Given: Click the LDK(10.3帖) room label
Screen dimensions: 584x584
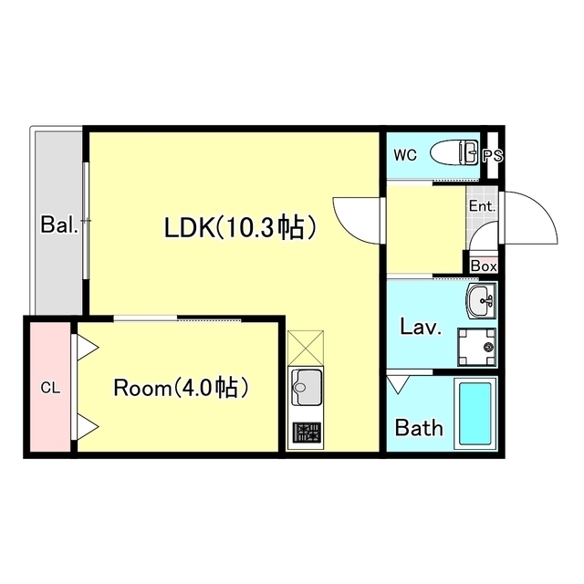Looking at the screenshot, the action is [x=240, y=227].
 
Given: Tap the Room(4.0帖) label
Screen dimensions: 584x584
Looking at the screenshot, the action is [x=181, y=388].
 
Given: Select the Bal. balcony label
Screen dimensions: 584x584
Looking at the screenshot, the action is [x=59, y=224].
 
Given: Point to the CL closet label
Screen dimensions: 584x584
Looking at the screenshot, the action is [x=50, y=389].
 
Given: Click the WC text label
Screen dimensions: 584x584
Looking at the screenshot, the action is [x=405, y=155].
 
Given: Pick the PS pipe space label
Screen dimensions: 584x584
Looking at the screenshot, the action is [x=493, y=156].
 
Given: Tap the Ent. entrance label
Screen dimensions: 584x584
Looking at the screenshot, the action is [x=483, y=206].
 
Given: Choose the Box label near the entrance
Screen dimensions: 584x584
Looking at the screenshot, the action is [x=484, y=266].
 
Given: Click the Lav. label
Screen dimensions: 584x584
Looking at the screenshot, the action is [x=421, y=327].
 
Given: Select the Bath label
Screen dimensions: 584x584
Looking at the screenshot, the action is [x=419, y=428].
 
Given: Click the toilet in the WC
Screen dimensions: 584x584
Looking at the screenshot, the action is [x=454, y=152].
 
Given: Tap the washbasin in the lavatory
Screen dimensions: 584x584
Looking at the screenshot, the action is [x=481, y=301].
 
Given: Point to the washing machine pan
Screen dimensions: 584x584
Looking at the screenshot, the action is [x=476, y=347].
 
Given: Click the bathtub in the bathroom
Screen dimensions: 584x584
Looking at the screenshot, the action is [x=475, y=413].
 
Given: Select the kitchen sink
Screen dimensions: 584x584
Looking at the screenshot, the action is [x=307, y=387].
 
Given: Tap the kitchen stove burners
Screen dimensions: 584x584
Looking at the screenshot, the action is [x=307, y=432].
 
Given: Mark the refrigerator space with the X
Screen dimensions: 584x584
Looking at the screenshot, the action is [x=306, y=348].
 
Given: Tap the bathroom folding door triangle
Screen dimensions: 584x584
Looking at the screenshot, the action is [x=398, y=384].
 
